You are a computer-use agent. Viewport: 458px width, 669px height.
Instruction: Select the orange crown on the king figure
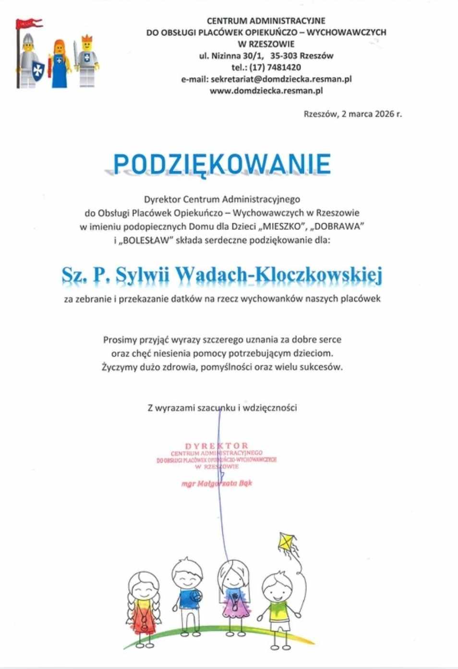point(87,38)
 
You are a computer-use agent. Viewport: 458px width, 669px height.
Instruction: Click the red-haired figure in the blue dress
point(59,65)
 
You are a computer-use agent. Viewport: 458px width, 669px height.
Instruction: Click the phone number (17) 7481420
point(275,67)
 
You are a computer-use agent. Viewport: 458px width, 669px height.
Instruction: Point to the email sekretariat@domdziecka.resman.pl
point(281,79)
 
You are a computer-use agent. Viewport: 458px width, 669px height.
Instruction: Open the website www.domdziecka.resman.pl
point(266,90)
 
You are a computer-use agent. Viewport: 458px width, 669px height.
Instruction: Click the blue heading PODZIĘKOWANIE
point(222,164)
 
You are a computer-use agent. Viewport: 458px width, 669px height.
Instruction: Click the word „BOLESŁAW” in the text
point(144,240)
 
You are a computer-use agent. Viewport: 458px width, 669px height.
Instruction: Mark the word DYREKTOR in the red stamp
point(217,446)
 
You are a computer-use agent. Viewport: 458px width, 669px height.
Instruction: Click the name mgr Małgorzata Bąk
point(217,483)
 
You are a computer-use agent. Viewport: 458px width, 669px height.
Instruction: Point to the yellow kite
point(286,542)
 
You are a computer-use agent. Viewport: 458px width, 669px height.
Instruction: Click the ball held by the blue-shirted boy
point(196,597)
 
